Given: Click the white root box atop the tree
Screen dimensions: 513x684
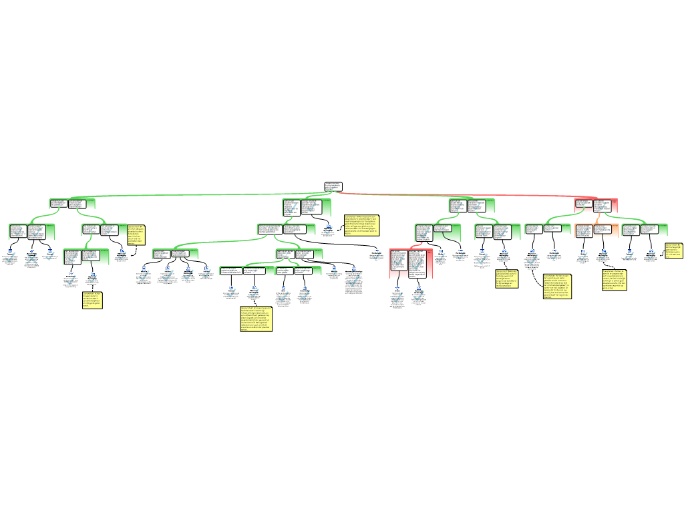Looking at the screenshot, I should [x=333, y=186].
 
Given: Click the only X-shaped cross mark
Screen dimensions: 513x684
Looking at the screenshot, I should [x=32, y=259].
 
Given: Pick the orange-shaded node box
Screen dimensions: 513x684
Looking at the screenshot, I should [x=596, y=230].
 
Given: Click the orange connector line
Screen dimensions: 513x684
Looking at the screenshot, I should [x=598, y=218].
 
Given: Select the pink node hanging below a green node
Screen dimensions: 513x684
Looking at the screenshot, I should [x=411, y=263].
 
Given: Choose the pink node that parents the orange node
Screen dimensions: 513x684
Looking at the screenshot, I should [x=596, y=205].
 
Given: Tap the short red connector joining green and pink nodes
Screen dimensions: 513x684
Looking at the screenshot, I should [x=418, y=244].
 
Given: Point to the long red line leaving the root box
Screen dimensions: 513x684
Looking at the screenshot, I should [x=468, y=195].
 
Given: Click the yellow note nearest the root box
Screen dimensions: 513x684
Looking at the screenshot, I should [x=361, y=224].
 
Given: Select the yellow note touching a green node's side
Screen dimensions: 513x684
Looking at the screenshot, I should [x=136, y=234].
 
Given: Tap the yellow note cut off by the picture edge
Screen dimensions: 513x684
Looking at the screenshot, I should [x=674, y=250].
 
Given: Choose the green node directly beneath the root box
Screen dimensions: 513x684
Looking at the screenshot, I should [x=307, y=207].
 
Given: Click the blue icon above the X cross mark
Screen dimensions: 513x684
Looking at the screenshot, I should [x=32, y=250].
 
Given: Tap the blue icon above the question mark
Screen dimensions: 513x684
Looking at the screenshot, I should [x=334, y=268].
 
